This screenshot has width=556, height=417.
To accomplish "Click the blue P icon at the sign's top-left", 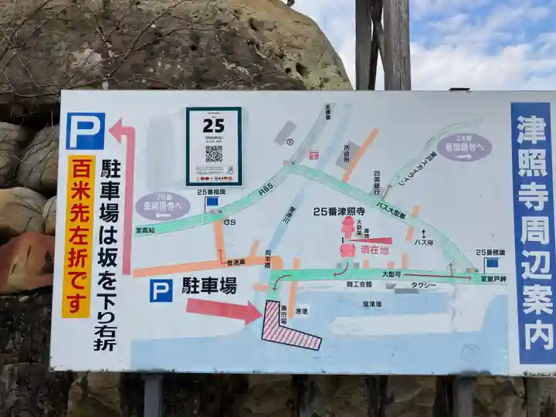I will pyautogui.click(x=85, y=131).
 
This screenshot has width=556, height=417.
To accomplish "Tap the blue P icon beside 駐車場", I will pyautogui.click(x=161, y=290).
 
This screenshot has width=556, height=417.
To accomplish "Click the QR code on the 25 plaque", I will pyautogui.click(x=213, y=153).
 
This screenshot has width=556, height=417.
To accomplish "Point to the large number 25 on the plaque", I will pyautogui.click(x=213, y=125).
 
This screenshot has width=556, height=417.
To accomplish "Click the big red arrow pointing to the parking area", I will pyautogui.click(x=223, y=310).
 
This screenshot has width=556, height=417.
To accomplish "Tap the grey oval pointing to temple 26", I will pyautogui.click(x=163, y=206).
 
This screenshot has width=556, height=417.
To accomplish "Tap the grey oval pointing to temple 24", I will pyautogui.click(x=464, y=147).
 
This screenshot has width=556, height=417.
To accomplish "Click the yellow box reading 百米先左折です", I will pyautogui.click(x=80, y=236).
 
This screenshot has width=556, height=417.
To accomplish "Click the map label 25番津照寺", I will pyautogui.click(x=339, y=211).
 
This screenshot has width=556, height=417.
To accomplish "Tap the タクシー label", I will pyautogui.click(x=424, y=285).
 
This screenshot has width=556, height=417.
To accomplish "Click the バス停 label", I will pyautogui.click(x=423, y=242).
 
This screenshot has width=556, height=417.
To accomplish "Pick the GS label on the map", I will pyautogui.click(x=229, y=222).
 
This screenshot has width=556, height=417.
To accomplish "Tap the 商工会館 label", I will pyautogui.click(x=359, y=284).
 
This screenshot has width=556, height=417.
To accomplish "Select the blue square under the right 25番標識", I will pyautogui.click(x=492, y=263).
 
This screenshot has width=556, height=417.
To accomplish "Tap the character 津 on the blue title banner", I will pyautogui.click(x=531, y=125).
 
